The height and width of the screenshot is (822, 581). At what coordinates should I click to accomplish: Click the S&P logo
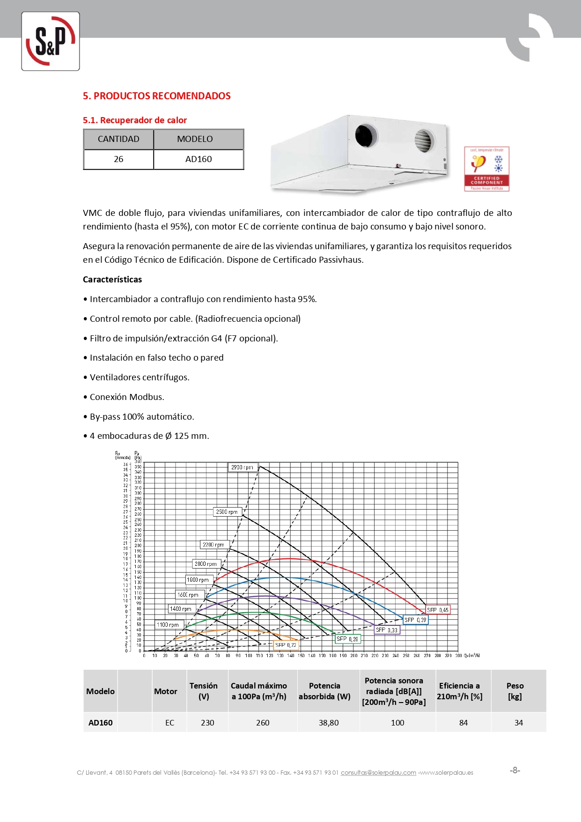point(51,41)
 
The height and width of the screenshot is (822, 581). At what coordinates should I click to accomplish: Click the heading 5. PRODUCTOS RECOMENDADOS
point(156,96)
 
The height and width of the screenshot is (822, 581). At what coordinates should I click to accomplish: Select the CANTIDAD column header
point(118,139)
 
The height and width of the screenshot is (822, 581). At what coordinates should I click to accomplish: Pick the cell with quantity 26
point(118,159)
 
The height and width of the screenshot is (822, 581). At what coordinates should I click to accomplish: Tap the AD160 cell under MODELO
point(199,159)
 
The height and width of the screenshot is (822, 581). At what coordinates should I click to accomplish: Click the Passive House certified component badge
point(486,169)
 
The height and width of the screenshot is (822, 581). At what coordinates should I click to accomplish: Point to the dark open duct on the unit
point(366,135)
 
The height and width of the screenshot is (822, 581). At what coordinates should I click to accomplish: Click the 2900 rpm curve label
point(242,467)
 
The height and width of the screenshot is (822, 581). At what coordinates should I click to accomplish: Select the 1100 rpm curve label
point(168,624)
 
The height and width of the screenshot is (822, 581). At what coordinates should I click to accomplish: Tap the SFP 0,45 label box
point(438,610)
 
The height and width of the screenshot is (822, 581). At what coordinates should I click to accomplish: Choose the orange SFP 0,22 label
point(286,645)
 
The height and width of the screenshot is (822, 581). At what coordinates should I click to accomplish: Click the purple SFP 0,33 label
point(387,630)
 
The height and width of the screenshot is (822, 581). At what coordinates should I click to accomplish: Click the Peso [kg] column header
point(515,691)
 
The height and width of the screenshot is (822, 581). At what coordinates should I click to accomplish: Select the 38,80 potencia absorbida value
point(329,723)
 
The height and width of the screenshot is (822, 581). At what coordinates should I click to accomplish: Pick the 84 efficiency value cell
point(463,723)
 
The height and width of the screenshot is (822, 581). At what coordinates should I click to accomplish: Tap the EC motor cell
point(169,723)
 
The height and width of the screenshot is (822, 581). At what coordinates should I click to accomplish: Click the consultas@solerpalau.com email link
point(378,772)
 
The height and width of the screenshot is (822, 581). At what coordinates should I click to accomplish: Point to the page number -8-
point(515,770)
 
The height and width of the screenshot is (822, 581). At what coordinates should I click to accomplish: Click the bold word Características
point(112,280)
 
